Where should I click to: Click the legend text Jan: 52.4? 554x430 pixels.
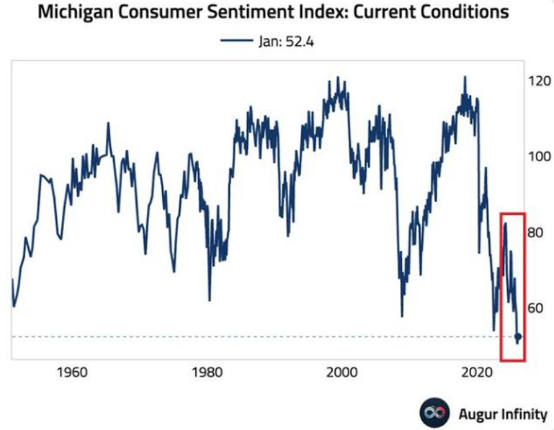(x=285, y=41)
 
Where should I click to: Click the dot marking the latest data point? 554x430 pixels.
(x=518, y=337)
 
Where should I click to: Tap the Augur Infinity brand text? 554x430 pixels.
(x=503, y=414)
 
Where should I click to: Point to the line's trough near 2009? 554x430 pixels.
(x=402, y=315)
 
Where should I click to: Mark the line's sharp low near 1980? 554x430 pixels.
(x=210, y=299)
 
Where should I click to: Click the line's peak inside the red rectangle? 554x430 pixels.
(x=505, y=224)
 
